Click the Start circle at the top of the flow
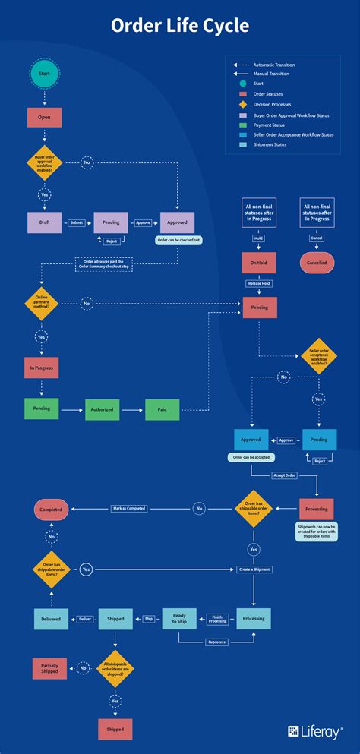click(x=44, y=74)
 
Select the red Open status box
click(x=44, y=117)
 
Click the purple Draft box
click(x=44, y=222)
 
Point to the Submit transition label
click(x=77, y=222)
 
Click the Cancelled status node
click(x=316, y=263)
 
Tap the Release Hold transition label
click(x=259, y=283)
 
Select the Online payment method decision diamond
click(x=42, y=304)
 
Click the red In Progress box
click(x=42, y=368)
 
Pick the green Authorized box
click(x=102, y=409)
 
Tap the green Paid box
click(x=163, y=409)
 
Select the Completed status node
click(x=52, y=509)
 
